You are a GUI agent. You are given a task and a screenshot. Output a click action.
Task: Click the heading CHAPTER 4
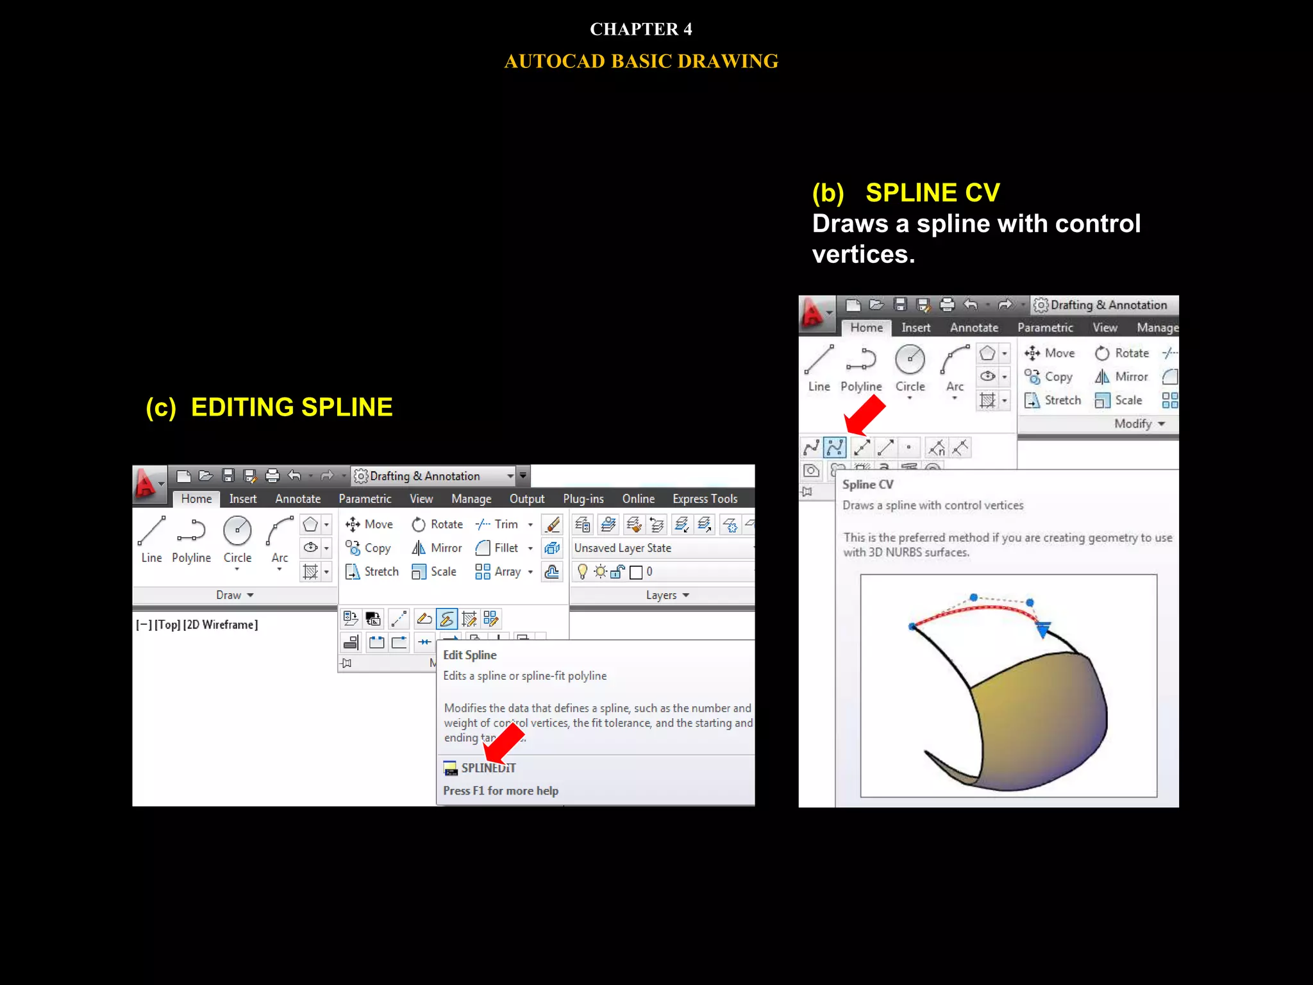point(640,29)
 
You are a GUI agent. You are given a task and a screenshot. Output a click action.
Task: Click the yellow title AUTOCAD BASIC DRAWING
point(640,62)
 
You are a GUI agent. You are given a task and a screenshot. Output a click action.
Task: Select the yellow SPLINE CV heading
point(932,193)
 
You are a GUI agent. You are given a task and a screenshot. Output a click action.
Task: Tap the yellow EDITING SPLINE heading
point(292,408)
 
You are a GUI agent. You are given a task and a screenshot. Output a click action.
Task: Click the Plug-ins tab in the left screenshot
point(583,499)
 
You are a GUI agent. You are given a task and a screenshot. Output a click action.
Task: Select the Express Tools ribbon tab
point(705,499)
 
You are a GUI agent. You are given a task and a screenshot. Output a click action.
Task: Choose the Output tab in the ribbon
point(526,499)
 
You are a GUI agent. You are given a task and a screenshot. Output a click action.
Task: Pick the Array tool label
point(506,572)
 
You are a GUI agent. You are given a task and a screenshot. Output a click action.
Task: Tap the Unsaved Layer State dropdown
point(660,548)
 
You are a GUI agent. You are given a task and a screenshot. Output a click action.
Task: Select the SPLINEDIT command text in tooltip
point(488,768)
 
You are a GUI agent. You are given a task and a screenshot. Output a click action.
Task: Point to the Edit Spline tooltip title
point(470,655)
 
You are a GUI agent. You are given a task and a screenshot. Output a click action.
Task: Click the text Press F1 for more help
point(501,791)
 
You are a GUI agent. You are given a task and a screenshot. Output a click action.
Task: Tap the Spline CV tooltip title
point(867,485)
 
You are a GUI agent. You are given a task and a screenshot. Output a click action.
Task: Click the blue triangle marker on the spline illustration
point(1043,630)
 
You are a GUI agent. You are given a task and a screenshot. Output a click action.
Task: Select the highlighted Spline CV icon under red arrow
point(835,447)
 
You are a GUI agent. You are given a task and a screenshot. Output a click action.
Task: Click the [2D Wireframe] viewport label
point(221,625)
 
